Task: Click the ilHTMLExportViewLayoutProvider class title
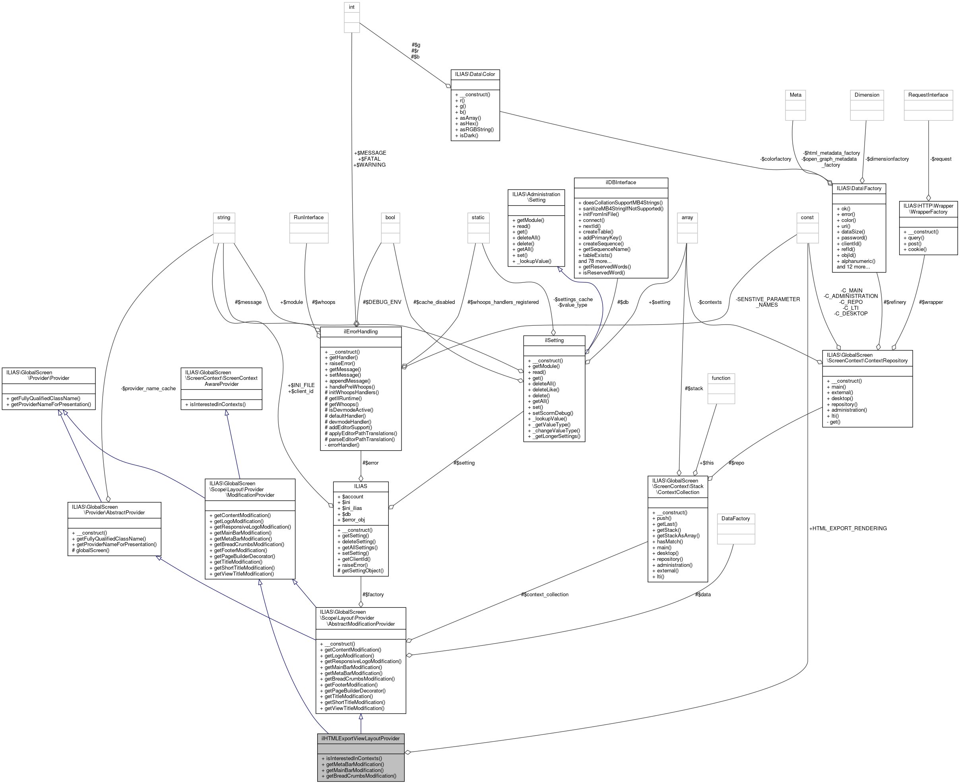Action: click(360, 738)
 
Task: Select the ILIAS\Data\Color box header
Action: click(475, 74)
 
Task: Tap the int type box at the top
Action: click(351, 7)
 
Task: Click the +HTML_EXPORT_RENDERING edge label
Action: click(848, 528)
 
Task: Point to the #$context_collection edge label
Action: click(544, 594)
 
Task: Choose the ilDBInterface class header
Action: click(621, 183)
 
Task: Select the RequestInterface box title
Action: click(928, 95)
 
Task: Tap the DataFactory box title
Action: click(735, 518)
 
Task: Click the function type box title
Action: click(721, 378)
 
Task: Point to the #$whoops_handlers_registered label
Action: click(503, 302)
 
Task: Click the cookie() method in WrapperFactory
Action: click(914, 249)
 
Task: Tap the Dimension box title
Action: click(867, 95)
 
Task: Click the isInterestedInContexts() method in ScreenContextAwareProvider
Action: click(216, 404)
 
